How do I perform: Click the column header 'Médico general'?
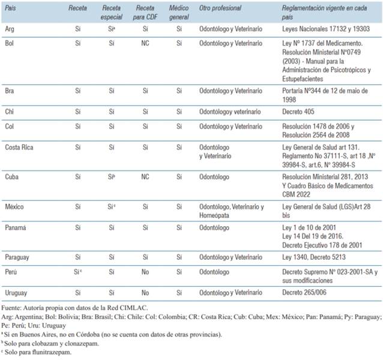tap(179, 12)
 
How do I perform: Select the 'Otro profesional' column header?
tap(220, 8)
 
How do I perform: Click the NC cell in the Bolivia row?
tap(145, 44)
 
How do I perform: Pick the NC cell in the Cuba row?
tap(145, 178)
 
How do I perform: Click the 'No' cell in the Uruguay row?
tap(145, 294)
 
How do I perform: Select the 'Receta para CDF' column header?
tap(145, 12)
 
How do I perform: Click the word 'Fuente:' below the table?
tap(12, 307)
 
